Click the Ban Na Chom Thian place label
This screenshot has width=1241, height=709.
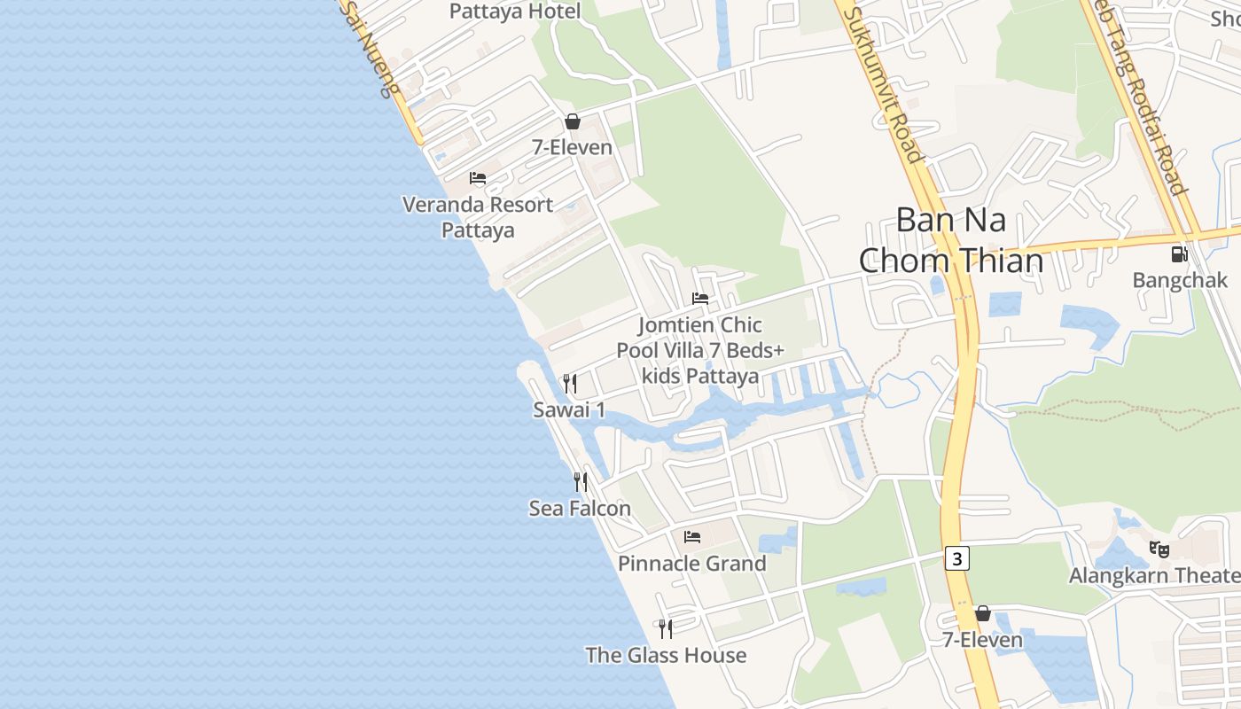[x=951, y=240]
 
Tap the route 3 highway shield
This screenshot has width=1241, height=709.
[x=957, y=558]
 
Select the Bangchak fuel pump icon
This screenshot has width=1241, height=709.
[x=1179, y=254]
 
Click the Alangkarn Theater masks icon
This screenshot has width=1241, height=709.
[x=1159, y=549]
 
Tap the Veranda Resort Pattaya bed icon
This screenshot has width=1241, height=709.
[x=478, y=178]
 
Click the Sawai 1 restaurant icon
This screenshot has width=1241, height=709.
[x=570, y=383]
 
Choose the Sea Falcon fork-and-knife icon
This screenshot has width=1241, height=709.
[x=581, y=481]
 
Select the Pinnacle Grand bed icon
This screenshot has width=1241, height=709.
[x=692, y=537]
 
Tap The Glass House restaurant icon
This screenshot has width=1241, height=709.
[x=666, y=629]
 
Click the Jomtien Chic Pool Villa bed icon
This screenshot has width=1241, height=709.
[x=700, y=299]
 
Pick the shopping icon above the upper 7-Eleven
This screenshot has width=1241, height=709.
[x=573, y=121]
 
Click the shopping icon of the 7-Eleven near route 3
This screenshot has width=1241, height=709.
[x=982, y=613]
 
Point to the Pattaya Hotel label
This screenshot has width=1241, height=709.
[x=515, y=12]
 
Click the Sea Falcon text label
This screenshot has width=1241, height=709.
[x=580, y=509]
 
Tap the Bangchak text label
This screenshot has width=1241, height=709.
[x=1180, y=281]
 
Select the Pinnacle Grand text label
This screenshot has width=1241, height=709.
[x=692, y=564]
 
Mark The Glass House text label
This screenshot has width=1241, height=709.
[x=666, y=656]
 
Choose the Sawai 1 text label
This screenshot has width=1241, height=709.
[x=569, y=409]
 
